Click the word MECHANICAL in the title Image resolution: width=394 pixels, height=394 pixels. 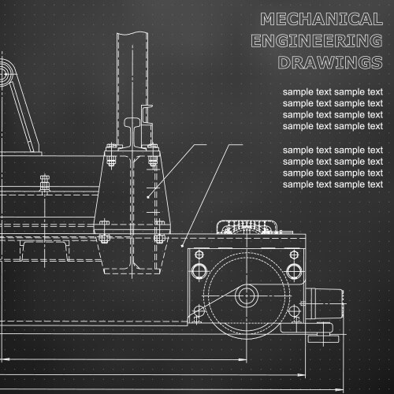tap(322, 19)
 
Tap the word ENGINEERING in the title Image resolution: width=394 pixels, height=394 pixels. tap(317, 41)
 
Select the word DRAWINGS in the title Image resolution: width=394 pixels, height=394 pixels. tap(330, 62)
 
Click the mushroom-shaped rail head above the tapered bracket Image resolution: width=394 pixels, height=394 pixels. tap(133, 122)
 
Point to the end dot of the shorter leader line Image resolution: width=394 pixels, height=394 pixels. tap(148, 197)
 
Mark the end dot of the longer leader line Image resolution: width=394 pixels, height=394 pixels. tap(182, 246)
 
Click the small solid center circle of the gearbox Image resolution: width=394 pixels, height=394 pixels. tap(247, 295)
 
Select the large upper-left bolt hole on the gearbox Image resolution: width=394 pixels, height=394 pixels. tap(199, 271)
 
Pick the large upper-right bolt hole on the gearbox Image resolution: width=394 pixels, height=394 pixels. tap(294, 271)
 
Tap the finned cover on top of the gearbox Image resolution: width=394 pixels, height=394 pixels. tap(247, 227)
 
